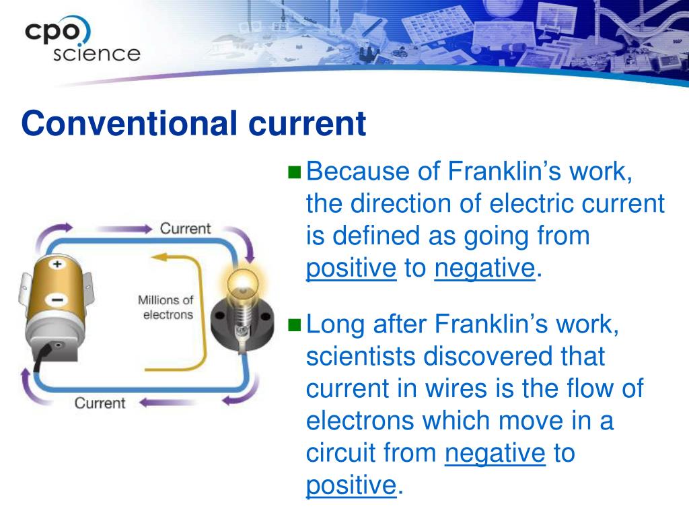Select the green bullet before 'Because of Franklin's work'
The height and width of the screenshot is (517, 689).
pos(295,172)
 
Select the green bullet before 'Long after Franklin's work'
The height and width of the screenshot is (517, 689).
pos(295,325)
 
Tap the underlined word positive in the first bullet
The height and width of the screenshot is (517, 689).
pos(351,269)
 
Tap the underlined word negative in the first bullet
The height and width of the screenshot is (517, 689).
pos(484,269)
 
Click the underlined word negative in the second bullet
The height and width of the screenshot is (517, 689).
pos(495,453)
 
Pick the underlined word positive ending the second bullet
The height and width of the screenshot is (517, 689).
pos(351,485)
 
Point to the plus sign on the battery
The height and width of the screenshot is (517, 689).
pos(57,265)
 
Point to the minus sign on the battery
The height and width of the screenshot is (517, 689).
pos(57,299)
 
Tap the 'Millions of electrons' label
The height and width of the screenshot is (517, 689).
pos(166,307)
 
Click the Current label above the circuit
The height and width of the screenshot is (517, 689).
pos(185,228)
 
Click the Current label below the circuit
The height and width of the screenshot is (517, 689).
pos(100,403)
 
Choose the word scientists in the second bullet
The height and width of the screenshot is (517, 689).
pos(361,356)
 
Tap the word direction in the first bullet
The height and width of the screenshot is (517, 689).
pos(395,204)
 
